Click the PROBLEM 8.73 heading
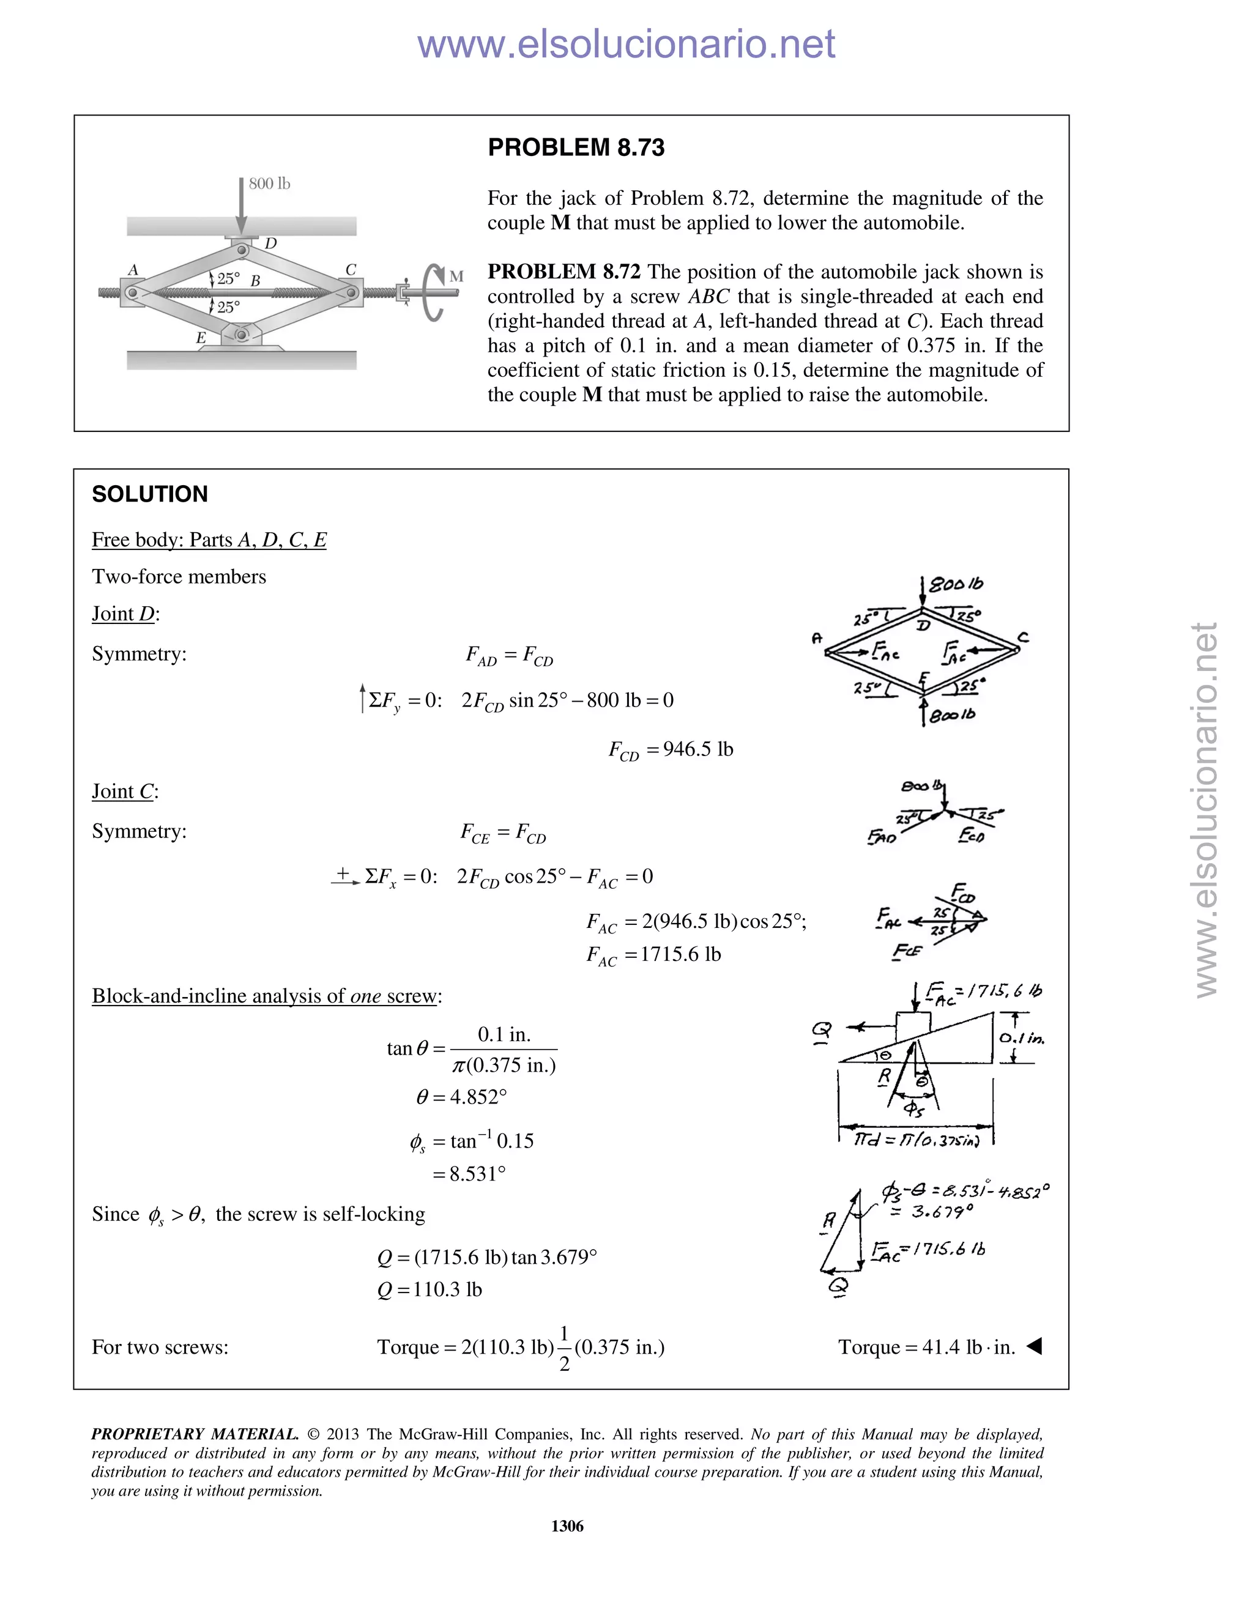coord(575,147)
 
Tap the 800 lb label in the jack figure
coord(269,184)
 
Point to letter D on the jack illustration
coord(271,243)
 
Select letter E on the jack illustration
coord(201,338)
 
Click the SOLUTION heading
coord(150,494)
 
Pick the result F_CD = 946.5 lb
coord(671,750)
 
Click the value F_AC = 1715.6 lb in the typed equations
coord(653,954)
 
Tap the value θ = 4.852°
coord(462,1097)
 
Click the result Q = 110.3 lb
coord(429,1289)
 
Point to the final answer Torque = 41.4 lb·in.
coord(926,1347)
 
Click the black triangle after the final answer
coord(1034,1346)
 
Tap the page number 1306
coord(567,1526)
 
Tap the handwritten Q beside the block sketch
coord(822,1030)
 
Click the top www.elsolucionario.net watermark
coord(626,44)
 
